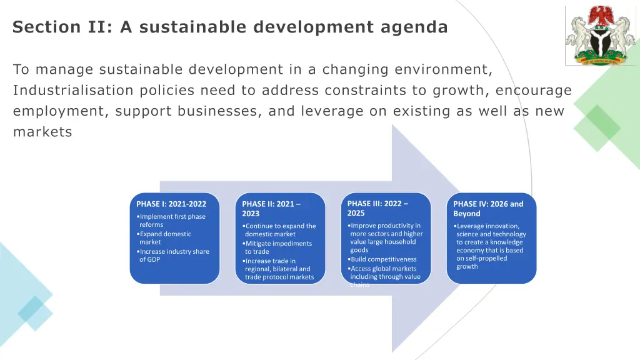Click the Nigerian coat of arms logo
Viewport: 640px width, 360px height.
click(600, 36)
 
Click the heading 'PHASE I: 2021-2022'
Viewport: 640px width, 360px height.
click(171, 204)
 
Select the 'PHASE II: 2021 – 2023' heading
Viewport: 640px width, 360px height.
click(271, 209)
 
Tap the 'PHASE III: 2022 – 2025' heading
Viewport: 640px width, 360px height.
click(377, 208)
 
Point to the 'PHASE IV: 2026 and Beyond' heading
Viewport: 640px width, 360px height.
click(488, 209)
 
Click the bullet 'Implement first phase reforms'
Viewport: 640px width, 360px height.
click(171, 221)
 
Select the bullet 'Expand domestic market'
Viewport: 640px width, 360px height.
click(165, 238)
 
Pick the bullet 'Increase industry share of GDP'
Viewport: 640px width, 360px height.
click(173, 256)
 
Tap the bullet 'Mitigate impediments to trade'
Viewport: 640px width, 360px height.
click(277, 247)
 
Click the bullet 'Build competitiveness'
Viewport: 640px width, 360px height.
click(383, 259)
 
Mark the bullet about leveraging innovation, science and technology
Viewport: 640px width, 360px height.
click(490, 246)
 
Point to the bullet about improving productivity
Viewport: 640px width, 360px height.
click(385, 237)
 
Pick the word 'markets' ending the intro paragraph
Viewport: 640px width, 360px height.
click(42, 132)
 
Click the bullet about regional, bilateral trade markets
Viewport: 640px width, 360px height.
click(278, 269)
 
